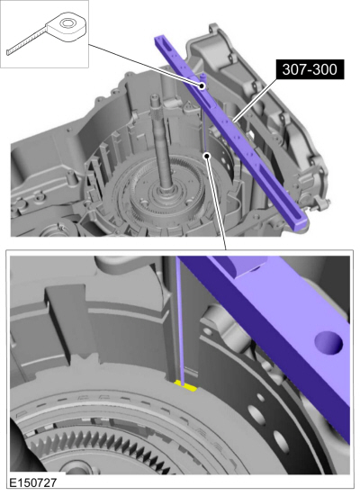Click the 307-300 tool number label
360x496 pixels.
click(310, 69)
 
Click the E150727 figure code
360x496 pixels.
click(33, 482)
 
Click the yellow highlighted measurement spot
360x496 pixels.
click(185, 385)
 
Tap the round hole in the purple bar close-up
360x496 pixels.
click(328, 343)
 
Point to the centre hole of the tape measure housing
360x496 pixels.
click(67, 23)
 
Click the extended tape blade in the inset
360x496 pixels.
click(27, 42)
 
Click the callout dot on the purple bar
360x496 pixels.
click(202, 86)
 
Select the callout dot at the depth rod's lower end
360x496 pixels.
click(207, 156)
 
